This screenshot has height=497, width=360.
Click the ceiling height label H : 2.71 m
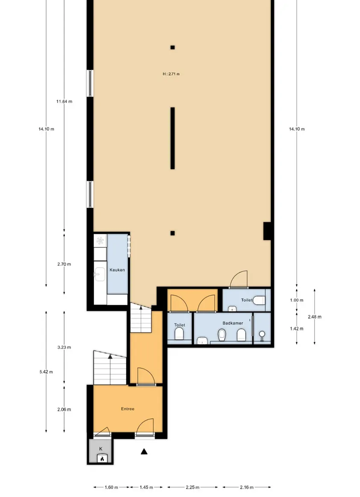[x=171, y=74]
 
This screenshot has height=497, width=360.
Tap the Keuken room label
[x=117, y=270]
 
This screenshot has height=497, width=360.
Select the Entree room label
[x=127, y=409]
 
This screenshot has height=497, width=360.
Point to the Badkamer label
[x=233, y=323]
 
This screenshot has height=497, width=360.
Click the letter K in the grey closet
[x=101, y=449]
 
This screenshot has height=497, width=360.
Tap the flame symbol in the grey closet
[x=102, y=459]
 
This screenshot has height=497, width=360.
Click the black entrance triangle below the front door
[x=144, y=451]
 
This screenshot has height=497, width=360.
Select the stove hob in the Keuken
[x=100, y=241]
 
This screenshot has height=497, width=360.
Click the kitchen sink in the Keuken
[x=100, y=273]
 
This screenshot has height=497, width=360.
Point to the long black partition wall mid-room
[x=173, y=138]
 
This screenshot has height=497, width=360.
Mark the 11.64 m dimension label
[x=64, y=101]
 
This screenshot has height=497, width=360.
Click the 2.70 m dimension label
[x=64, y=264]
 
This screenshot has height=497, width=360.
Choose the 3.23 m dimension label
[x=64, y=347]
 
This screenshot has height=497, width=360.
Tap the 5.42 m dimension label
[x=46, y=372]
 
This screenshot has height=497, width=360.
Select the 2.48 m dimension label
[x=315, y=317]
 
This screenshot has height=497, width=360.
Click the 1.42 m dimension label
[x=296, y=329]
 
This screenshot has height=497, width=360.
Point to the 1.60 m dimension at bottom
[x=111, y=487]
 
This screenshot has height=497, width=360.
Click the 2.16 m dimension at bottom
[x=246, y=487]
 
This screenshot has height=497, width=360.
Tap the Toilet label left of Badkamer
[x=180, y=325]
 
